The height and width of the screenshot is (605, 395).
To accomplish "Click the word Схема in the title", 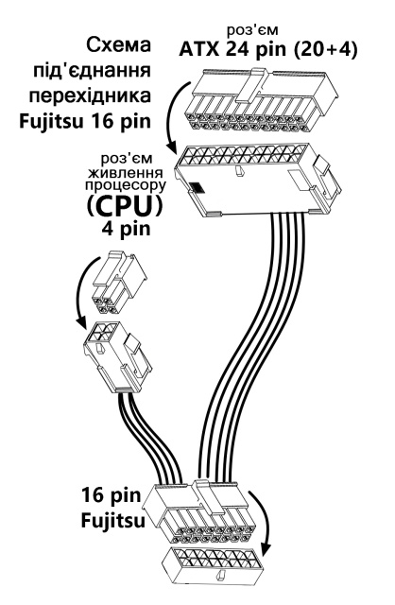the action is click(x=118, y=45).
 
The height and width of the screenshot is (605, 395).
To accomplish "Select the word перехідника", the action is click(x=90, y=95).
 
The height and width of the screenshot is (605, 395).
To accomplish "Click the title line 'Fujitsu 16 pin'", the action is click(x=84, y=122).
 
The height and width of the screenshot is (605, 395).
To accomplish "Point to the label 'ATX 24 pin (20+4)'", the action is click(x=268, y=50).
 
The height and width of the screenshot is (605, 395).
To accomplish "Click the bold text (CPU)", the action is click(x=124, y=206).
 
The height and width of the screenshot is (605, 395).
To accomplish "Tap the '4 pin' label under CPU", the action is click(x=126, y=229).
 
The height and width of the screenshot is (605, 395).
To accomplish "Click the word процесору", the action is click(x=126, y=185).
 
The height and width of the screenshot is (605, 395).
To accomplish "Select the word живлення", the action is click(x=125, y=172).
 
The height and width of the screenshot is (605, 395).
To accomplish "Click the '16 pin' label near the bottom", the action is click(x=112, y=495).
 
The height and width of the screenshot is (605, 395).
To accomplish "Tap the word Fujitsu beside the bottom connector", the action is click(x=113, y=521).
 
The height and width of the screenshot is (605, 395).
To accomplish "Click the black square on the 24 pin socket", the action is click(x=197, y=187).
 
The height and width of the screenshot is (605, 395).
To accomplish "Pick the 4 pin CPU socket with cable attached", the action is click(x=118, y=356).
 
